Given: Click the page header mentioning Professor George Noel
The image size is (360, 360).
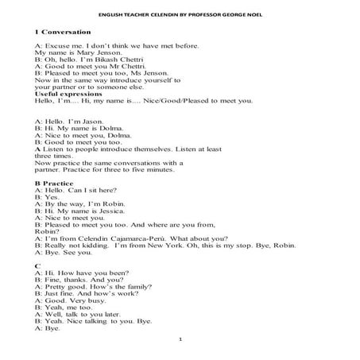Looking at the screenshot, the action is click(x=179, y=14).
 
